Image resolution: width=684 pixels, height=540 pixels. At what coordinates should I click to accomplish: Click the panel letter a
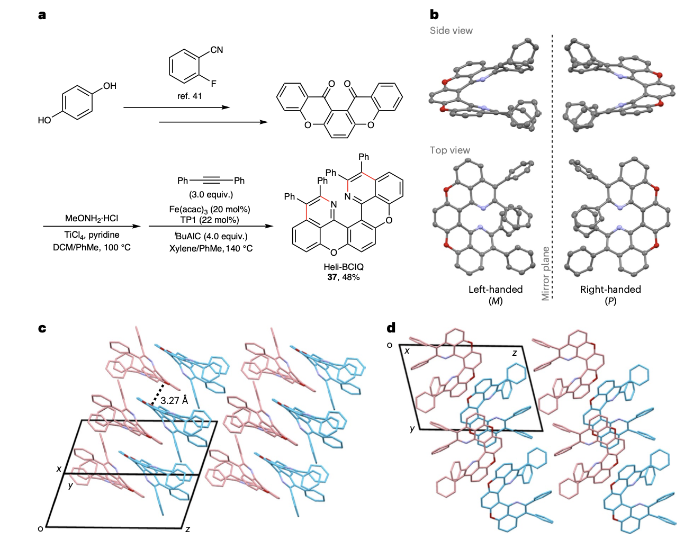pyautogui.click(x=42, y=15)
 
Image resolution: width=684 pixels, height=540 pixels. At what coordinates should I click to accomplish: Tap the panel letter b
pyautogui.click(x=434, y=15)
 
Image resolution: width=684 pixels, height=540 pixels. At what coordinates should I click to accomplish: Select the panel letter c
pyautogui.click(x=42, y=328)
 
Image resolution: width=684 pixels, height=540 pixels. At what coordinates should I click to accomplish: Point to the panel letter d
pyautogui.click(x=391, y=328)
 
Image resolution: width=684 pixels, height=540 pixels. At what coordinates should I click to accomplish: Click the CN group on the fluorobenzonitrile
pyautogui.click(x=217, y=50)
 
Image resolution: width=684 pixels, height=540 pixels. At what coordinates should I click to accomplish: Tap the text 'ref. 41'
pyautogui.click(x=190, y=96)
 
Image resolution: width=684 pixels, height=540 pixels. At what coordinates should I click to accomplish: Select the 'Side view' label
pyautogui.click(x=451, y=31)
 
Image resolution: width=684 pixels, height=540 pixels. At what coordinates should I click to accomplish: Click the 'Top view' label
pyautogui.click(x=449, y=150)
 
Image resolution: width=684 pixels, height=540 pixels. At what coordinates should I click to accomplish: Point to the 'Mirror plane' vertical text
pyautogui.click(x=545, y=273)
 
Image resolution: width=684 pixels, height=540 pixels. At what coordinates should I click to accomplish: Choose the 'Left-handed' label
pyautogui.click(x=495, y=289)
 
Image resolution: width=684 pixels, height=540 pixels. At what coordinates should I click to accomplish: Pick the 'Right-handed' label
pyautogui.click(x=610, y=289)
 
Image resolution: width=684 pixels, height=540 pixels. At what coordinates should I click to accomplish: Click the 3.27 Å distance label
pyautogui.click(x=174, y=400)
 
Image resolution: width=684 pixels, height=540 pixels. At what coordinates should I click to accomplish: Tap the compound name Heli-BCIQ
pyautogui.click(x=344, y=267)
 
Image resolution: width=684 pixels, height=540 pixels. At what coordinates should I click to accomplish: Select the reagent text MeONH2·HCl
pyautogui.click(x=92, y=218)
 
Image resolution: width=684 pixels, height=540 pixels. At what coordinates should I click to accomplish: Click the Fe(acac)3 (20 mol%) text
pyautogui.click(x=210, y=209)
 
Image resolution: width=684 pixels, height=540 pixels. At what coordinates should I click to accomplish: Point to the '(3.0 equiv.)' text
pyautogui.click(x=211, y=194)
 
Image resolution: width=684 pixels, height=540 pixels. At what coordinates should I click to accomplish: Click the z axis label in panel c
pyautogui.click(x=187, y=528)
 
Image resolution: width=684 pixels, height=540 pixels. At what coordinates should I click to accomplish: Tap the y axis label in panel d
pyautogui.click(x=412, y=428)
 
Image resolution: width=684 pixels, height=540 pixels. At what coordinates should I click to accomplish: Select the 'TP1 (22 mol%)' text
pyautogui.click(x=210, y=220)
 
